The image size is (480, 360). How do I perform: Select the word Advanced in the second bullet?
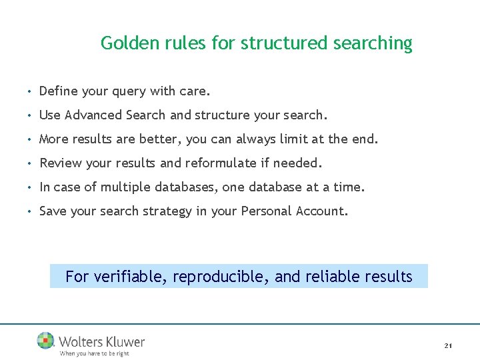click(96, 115)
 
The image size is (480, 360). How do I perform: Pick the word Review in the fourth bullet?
click(59, 163)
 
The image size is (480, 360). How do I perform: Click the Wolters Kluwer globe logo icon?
click(46, 341)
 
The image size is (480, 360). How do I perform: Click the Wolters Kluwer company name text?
click(101, 341)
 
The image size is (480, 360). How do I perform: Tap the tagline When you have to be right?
click(94, 353)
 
